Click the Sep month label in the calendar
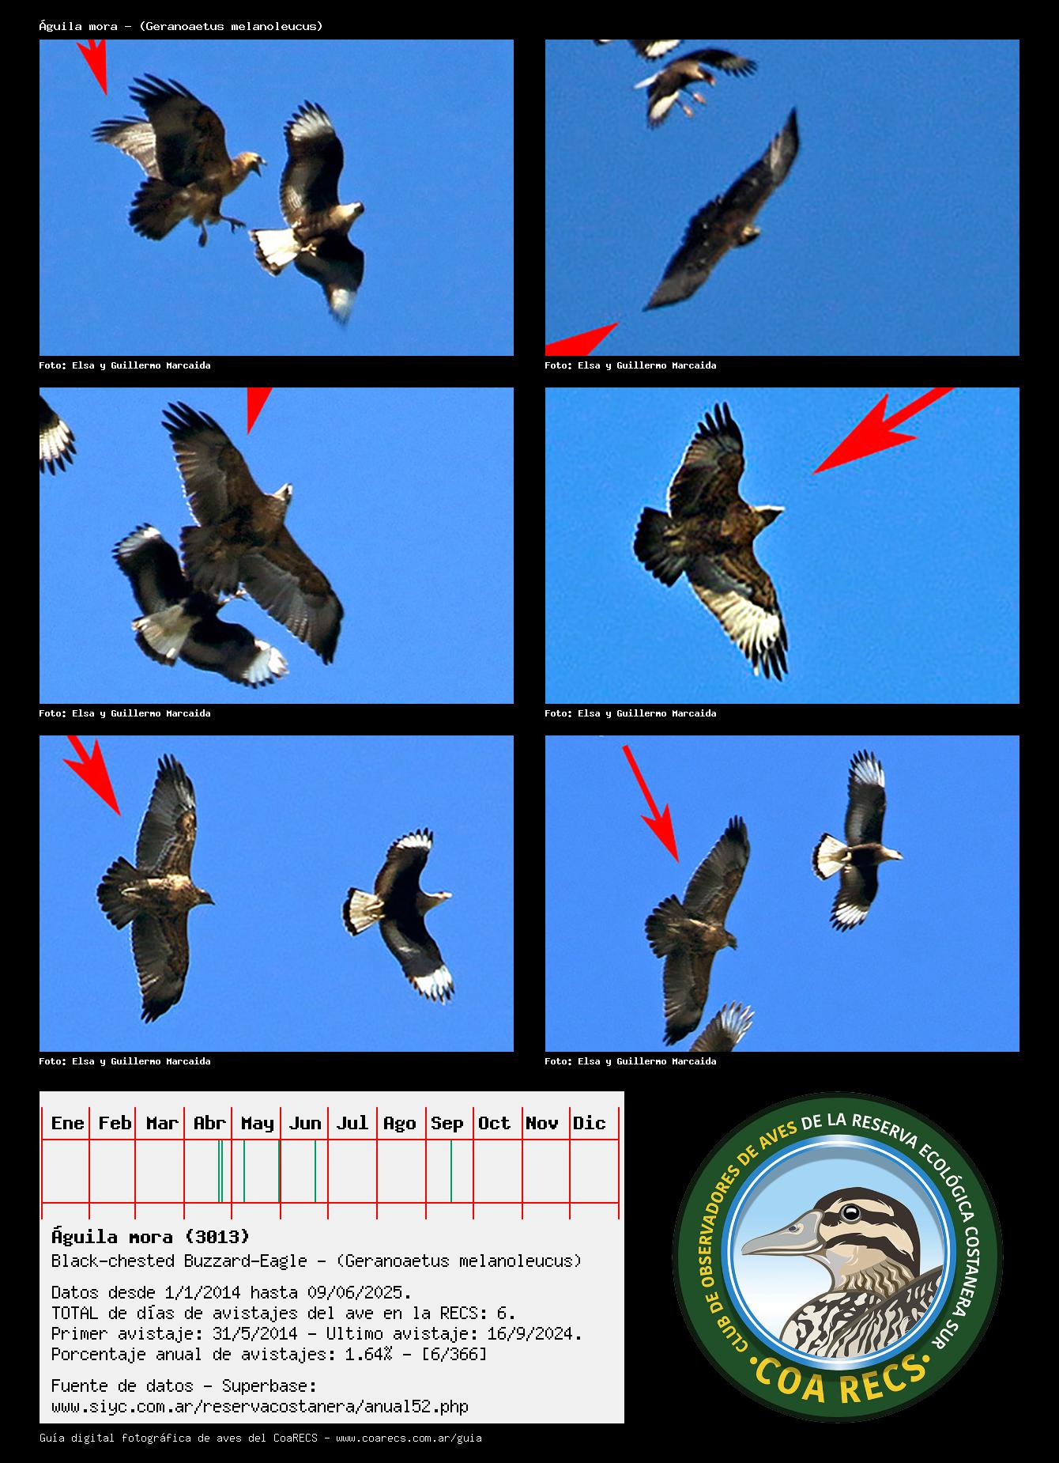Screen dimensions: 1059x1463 click(447, 1123)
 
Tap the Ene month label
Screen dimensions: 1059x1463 click(67, 1123)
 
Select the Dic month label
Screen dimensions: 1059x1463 click(589, 1123)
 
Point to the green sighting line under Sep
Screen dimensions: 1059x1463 click(451, 1170)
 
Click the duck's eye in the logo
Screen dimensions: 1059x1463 click(850, 1212)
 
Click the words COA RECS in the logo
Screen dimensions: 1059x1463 click(839, 1379)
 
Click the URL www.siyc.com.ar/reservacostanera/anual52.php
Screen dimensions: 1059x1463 click(260, 1407)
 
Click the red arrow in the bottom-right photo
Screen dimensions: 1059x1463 click(650, 803)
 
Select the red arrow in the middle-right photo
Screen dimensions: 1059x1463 click(884, 430)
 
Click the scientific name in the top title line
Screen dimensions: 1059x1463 click(232, 26)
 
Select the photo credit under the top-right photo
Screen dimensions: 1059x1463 click(631, 365)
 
